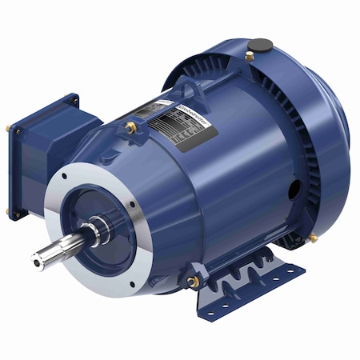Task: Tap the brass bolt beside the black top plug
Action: [250, 57]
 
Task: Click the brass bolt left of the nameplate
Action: [130, 126]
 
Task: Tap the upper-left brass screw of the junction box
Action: [10, 129]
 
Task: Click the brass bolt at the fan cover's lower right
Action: [313, 238]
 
